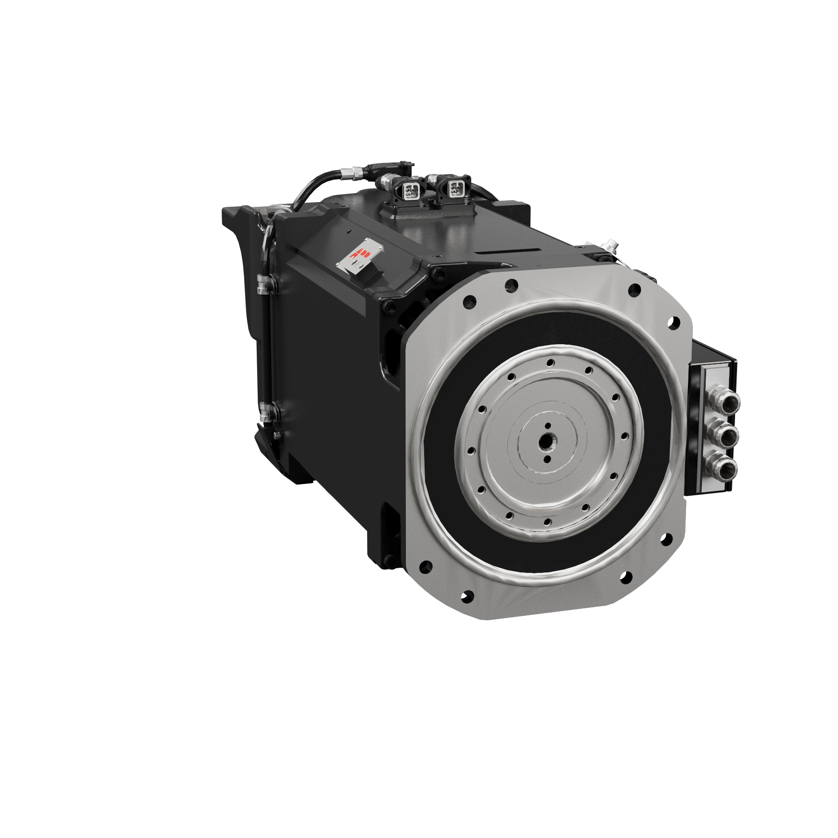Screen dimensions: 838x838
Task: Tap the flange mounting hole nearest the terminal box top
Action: coord(674,322)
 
